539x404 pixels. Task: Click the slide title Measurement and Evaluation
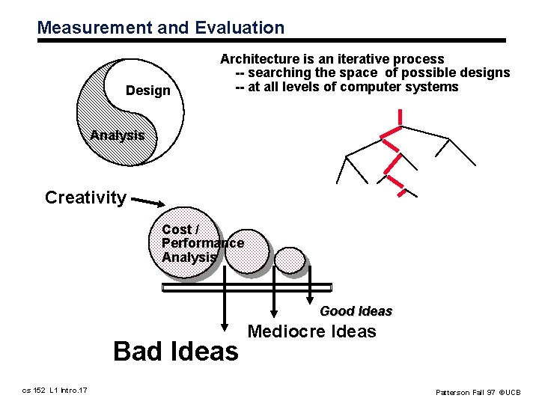[161, 28]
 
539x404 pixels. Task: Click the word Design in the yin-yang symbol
[148, 91]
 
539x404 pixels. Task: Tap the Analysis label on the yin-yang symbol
[117, 135]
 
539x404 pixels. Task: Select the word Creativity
[85, 198]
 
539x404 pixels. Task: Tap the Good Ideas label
[356, 311]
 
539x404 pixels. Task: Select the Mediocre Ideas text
[311, 331]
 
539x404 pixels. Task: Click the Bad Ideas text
[175, 351]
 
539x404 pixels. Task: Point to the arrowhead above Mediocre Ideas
[275, 313]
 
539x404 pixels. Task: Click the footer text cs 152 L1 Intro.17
[55, 390]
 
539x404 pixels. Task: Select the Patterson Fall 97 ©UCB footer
[478, 392]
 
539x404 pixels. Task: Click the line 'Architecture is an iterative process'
[332, 59]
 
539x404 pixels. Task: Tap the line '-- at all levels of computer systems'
[347, 87]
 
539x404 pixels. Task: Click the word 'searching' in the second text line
[278, 73]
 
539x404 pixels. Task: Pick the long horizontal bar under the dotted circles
[246, 287]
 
